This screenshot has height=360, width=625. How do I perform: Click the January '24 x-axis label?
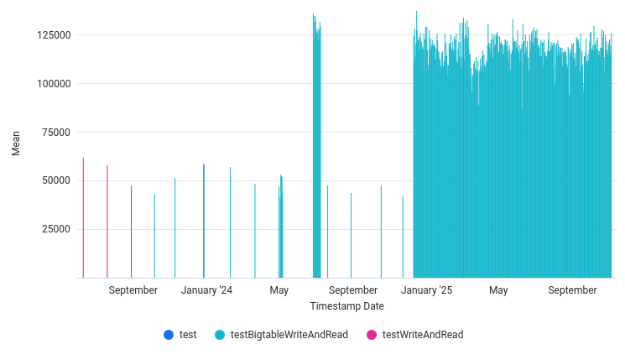coord(206,290)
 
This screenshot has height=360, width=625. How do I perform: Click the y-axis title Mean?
coord(16,144)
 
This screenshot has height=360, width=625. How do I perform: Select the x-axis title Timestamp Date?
coord(346,306)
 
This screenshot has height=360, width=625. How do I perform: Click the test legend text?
coord(188,335)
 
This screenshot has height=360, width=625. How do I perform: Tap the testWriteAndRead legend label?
coord(422,335)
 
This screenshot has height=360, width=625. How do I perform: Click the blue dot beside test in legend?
coord(169,335)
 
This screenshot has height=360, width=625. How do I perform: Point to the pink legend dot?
coord(372,335)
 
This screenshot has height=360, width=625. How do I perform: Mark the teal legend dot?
coord(220,335)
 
